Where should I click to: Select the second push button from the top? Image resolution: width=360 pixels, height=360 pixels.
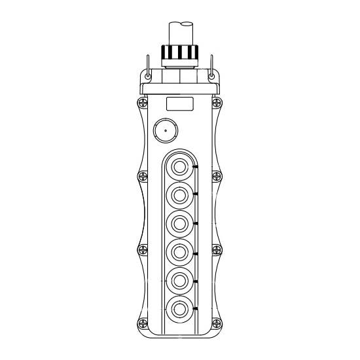pyautogui.click(x=179, y=194)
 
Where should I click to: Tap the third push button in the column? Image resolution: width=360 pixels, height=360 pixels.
pyautogui.click(x=179, y=222)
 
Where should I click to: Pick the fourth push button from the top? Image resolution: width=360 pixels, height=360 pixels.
pyautogui.click(x=179, y=250)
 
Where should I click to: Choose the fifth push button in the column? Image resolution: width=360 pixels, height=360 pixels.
pyautogui.click(x=179, y=278)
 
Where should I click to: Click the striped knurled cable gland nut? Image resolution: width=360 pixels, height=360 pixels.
pyautogui.click(x=180, y=52)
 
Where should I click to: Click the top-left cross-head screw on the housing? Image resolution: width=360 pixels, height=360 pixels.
pyautogui.click(x=140, y=102)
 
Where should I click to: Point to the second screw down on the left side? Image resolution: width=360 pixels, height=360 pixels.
pyautogui.click(x=140, y=175)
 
